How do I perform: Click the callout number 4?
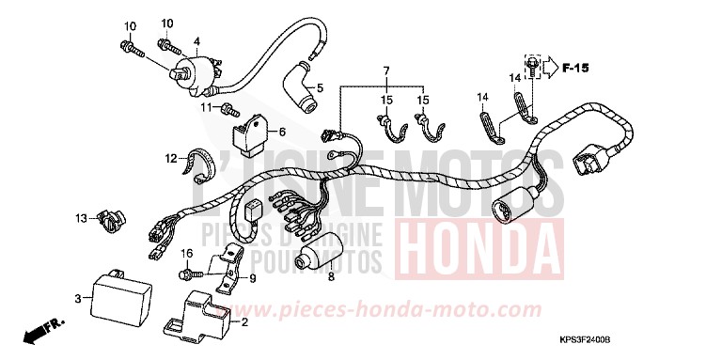197,41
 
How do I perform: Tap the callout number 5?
320,89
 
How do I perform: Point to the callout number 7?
385,72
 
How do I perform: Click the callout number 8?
330,278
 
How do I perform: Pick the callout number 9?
252,277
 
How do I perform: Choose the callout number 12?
171,158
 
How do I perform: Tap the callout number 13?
81,218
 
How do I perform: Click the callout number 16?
186,254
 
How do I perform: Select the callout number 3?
77,298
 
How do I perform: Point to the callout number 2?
245,323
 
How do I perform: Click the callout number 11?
204,109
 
